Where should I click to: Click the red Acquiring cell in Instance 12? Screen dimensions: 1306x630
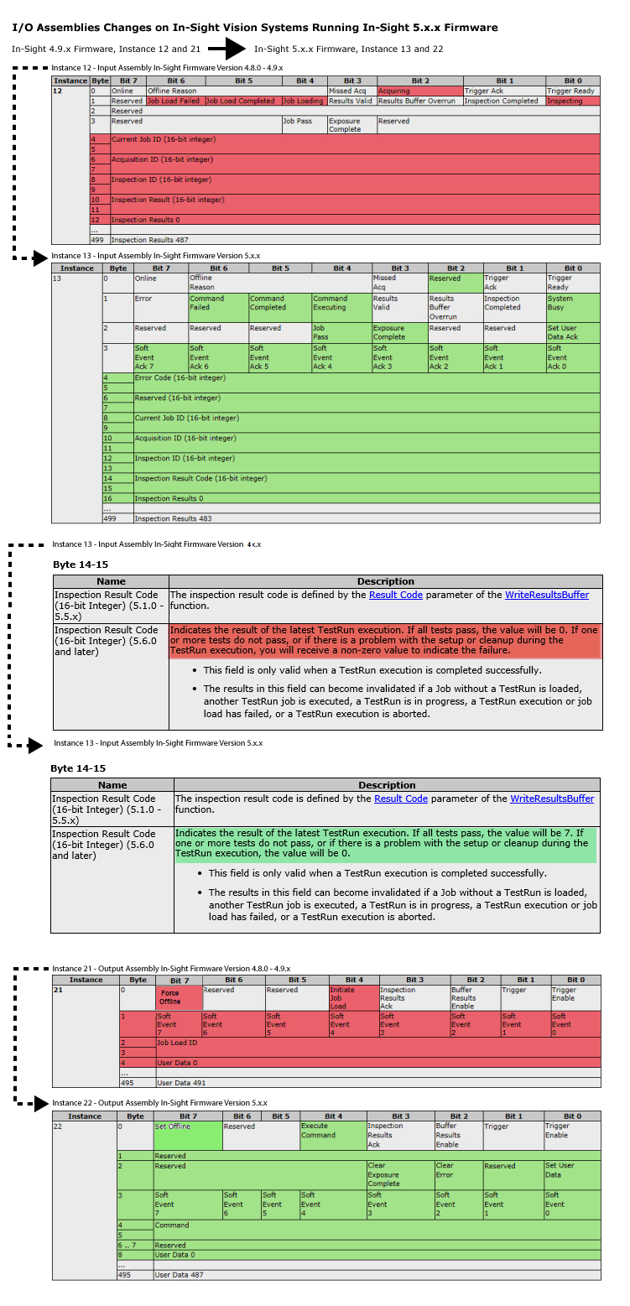(419, 91)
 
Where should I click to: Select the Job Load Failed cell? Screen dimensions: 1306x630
(174, 101)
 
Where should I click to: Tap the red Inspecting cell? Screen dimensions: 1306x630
(573, 101)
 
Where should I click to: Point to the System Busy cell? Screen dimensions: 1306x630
(573, 303)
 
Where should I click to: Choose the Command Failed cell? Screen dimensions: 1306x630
(217, 303)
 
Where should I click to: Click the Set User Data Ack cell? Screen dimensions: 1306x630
(573, 332)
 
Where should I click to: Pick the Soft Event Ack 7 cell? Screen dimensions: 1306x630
(160, 357)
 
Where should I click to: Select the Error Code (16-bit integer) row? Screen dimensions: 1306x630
(367, 378)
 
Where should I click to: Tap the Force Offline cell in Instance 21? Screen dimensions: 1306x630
(178, 997)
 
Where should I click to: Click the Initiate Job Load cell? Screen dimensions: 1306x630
(353, 997)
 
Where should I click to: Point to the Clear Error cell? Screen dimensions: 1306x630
(458, 1170)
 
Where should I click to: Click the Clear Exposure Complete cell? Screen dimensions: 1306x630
(399, 1174)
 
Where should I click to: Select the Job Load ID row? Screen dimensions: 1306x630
(377, 1043)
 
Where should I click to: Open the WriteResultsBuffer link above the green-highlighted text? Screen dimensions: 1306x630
(552, 799)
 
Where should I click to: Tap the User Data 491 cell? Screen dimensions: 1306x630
(377, 1083)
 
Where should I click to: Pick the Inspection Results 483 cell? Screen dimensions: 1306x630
(367, 518)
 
